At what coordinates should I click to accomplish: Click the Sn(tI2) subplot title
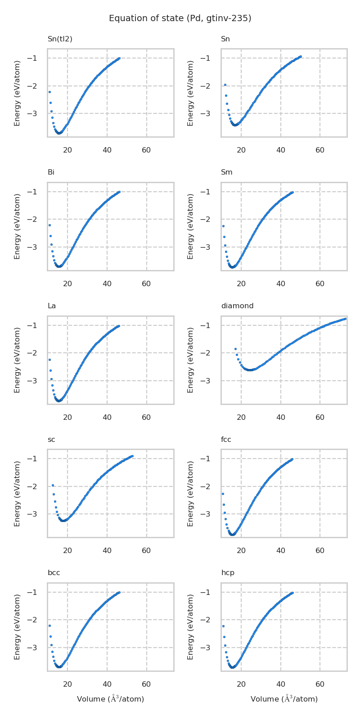point(60,39)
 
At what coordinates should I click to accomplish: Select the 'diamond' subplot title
point(237,306)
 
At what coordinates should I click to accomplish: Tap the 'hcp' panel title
point(228,573)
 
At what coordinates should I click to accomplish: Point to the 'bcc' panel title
point(54,573)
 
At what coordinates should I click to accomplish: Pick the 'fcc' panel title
point(226,440)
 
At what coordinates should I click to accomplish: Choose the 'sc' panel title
point(51,440)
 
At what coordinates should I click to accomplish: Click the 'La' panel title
point(52,306)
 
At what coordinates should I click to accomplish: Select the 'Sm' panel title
point(227,172)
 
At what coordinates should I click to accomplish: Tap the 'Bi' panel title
point(51,172)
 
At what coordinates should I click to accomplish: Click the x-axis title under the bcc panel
point(110,699)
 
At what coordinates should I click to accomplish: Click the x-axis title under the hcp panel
point(284,699)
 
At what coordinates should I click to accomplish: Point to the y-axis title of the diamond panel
point(191,360)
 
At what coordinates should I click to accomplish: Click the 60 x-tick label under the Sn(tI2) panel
point(146,150)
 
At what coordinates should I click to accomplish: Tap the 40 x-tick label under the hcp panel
point(281,684)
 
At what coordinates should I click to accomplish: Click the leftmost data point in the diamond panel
point(235,349)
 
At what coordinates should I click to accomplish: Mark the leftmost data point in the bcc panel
point(49,625)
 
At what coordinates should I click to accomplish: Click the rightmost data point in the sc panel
point(132,456)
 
